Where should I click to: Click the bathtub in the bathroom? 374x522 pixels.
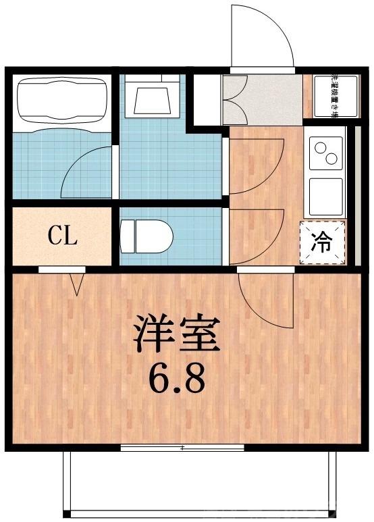(60, 101)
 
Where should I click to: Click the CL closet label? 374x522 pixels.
(62, 236)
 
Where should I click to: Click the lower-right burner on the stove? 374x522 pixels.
(331, 159)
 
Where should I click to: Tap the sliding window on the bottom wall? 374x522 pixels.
(182, 447)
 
